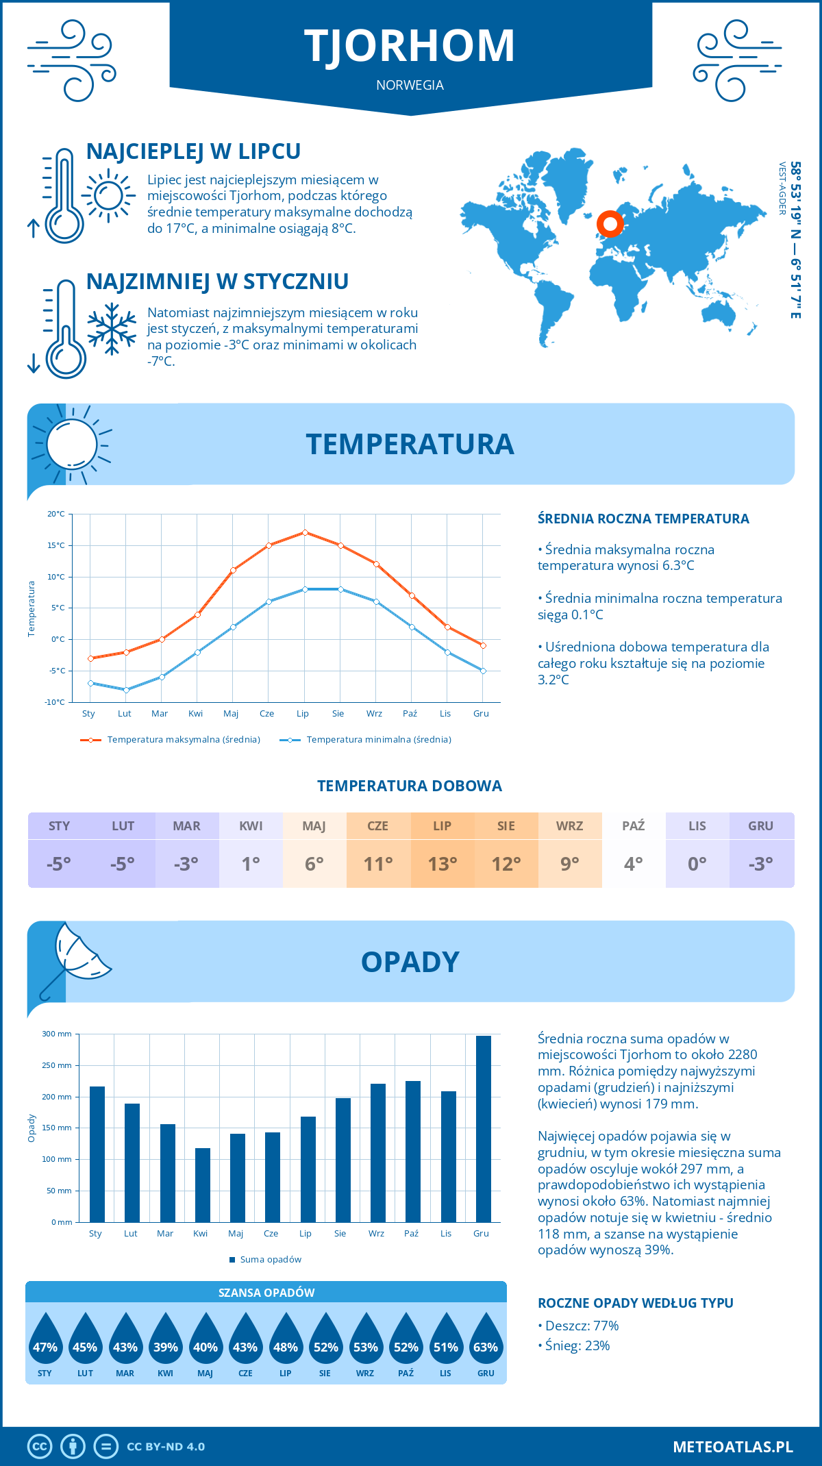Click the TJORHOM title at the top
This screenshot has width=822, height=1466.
coord(410,46)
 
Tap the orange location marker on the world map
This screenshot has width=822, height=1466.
coord(609,223)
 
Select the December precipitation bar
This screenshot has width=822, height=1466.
coord(483,1128)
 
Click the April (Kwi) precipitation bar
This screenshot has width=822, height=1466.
coord(203,1184)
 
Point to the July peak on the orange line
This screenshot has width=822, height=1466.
coord(305,532)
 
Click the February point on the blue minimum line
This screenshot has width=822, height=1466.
coord(126,690)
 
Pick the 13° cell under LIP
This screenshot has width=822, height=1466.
coord(442,864)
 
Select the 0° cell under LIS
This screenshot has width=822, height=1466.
coord(697,864)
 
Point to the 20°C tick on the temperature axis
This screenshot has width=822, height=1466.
coord(56,514)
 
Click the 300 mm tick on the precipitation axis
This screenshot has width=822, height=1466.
coord(57,1034)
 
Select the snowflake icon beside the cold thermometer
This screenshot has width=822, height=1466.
coord(112,329)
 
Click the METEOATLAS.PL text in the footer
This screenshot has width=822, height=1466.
coord(732,1447)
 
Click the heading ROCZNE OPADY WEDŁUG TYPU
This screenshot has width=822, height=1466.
coord(635,1303)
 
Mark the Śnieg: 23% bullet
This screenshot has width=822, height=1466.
coord(574,1345)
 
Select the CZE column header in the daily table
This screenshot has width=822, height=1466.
coord(378,825)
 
